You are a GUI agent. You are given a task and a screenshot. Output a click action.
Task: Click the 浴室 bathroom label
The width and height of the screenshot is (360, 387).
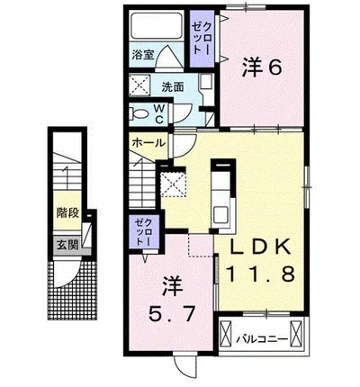click(143, 55)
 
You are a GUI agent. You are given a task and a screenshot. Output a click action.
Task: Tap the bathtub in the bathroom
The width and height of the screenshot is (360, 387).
click(157, 25)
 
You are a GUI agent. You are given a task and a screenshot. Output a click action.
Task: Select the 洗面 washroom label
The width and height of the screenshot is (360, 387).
click(173, 86)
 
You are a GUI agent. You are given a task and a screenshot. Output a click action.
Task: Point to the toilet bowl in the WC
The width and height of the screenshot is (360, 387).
click(139, 113)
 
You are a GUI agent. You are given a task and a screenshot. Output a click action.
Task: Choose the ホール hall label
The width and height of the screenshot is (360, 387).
click(148, 142)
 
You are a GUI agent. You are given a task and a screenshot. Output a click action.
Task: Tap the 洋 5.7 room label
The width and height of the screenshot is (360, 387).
click(172, 301)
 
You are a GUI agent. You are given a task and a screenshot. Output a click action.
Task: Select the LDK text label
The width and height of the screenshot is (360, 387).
click(260, 247)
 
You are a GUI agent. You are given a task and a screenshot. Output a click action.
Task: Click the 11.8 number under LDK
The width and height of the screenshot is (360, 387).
click(260, 274)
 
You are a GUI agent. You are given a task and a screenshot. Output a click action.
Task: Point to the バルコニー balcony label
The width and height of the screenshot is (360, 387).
click(262, 339)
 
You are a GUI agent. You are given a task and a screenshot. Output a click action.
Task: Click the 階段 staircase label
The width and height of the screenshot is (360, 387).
click(68, 212)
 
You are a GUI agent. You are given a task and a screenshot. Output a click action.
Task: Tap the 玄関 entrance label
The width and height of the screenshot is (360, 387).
click(67, 245)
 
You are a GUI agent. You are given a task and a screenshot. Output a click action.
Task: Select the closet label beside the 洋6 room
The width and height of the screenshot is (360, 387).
click(202, 39)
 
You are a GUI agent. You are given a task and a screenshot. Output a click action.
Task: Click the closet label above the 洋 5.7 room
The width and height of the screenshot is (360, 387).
click(144, 232)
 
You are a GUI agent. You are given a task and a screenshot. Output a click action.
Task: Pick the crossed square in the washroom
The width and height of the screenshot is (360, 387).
click(139, 85)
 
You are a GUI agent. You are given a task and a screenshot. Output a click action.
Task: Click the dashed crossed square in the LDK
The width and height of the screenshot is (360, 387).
click(173, 184)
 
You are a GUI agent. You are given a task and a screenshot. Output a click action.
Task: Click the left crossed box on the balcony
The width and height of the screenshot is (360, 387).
click(226, 333)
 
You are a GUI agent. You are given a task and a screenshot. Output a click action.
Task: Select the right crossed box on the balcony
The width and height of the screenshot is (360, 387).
click(295, 333)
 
